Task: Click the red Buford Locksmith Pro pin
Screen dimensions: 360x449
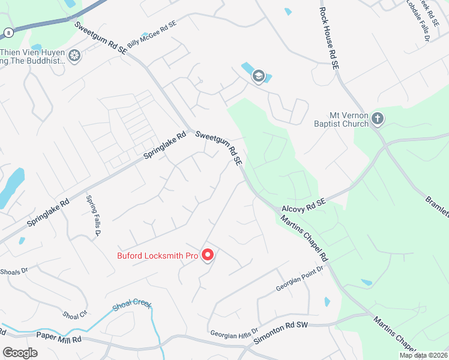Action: coord(208,255)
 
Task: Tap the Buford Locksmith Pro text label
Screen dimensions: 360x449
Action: coord(157,256)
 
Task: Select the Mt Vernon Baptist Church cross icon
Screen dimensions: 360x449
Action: coord(377,118)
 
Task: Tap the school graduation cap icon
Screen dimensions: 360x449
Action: coord(259,76)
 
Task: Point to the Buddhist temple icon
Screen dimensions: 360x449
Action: coord(74,56)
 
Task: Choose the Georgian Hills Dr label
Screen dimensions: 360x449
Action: coord(234,332)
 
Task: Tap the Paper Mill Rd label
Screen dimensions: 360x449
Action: coord(58,338)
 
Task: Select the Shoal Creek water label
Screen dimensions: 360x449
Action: coord(133,307)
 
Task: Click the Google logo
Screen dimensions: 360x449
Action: coord(20,353)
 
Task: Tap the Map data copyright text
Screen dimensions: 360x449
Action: coord(423,355)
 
